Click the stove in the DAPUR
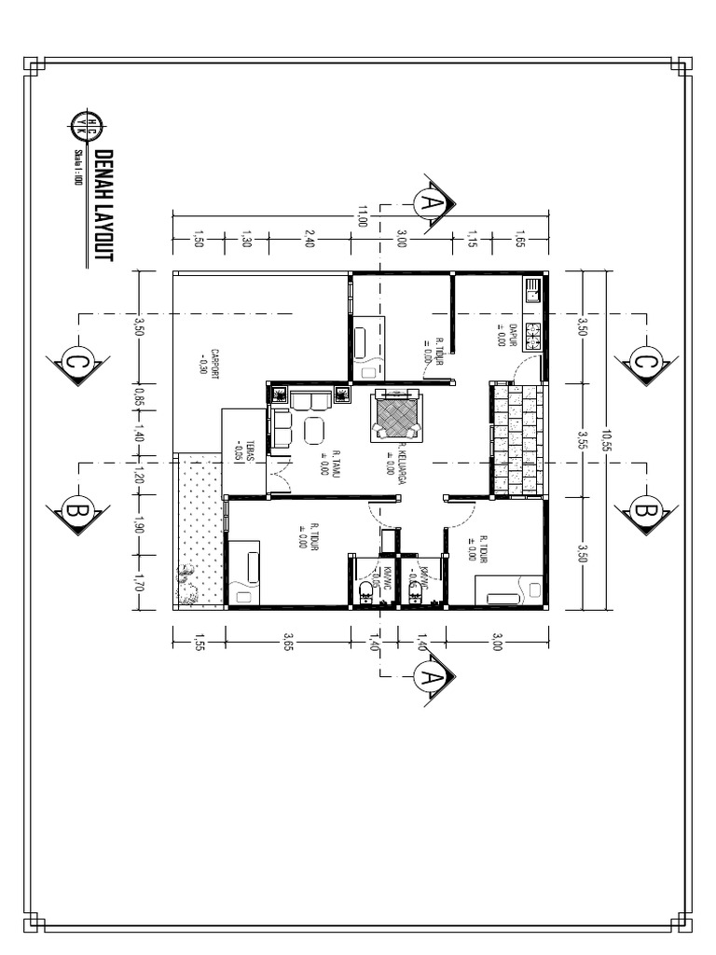click(534, 334)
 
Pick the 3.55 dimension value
click(582, 438)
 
